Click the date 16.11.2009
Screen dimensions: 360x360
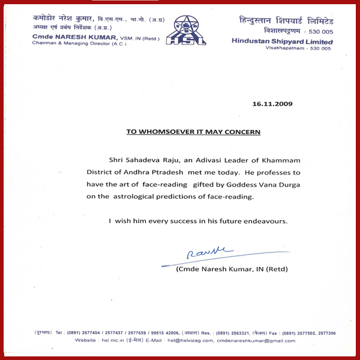click(x=272, y=104)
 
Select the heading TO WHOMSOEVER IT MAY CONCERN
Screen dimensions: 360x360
click(x=193, y=131)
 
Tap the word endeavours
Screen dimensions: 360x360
click(x=268, y=221)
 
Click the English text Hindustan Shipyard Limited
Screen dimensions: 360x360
click(x=282, y=41)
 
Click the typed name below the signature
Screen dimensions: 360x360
click(x=232, y=269)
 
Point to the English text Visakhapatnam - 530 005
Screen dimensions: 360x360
click(x=298, y=48)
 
